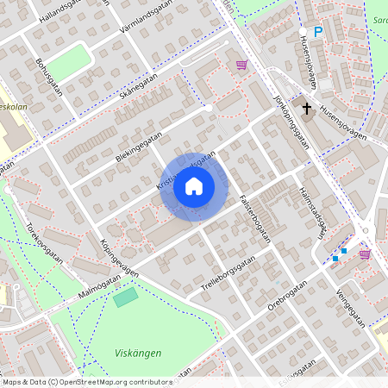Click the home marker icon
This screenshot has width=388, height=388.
194,186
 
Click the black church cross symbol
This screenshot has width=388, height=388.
306,107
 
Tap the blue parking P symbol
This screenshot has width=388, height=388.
317,32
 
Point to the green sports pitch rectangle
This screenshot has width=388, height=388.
126,297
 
